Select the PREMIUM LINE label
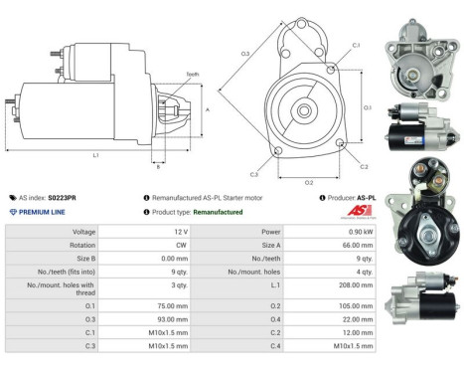tap(42, 212)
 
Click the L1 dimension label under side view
tap(95, 155)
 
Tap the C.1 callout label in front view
tap(356, 46)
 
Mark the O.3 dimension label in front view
tap(244, 54)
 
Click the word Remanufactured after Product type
tap(219, 212)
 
